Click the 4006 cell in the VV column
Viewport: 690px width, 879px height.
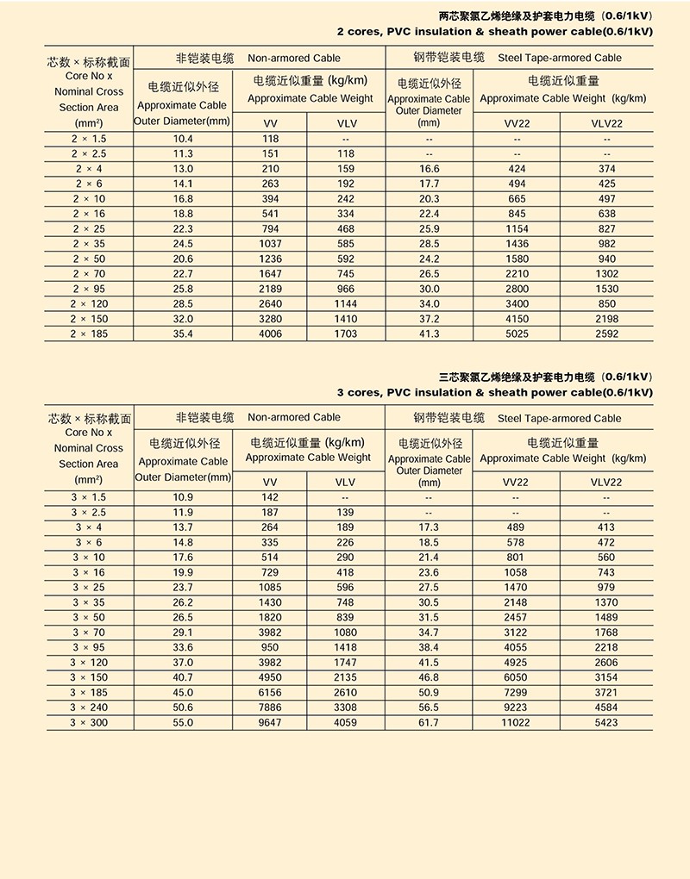coord(270,334)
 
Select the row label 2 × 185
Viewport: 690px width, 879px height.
coord(90,334)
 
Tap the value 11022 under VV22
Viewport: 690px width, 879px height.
coord(516,722)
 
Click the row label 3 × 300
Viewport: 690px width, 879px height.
coord(90,722)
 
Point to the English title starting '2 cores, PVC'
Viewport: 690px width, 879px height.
coord(494,32)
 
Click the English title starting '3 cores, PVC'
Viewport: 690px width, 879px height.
coord(494,392)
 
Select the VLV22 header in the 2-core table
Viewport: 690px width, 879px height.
coord(606,123)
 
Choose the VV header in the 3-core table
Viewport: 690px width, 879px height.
coord(270,482)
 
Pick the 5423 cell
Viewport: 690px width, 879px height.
coord(606,722)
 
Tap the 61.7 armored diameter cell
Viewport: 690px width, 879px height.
coord(429,722)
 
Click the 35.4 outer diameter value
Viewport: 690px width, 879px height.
coord(183,334)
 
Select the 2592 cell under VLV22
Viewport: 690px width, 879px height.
coord(606,334)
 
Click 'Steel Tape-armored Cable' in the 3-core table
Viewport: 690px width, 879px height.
coord(559,418)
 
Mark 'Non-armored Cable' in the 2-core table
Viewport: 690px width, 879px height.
coord(294,59)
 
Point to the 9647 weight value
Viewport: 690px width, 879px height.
coord(270,722)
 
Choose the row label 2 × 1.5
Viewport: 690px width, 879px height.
coord(90,139)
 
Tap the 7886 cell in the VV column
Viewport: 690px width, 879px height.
coord(270,708)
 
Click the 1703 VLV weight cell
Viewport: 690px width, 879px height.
coord(345,334)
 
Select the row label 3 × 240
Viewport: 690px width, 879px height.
coord(90,708)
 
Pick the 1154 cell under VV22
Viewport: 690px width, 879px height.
coord(516,228)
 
